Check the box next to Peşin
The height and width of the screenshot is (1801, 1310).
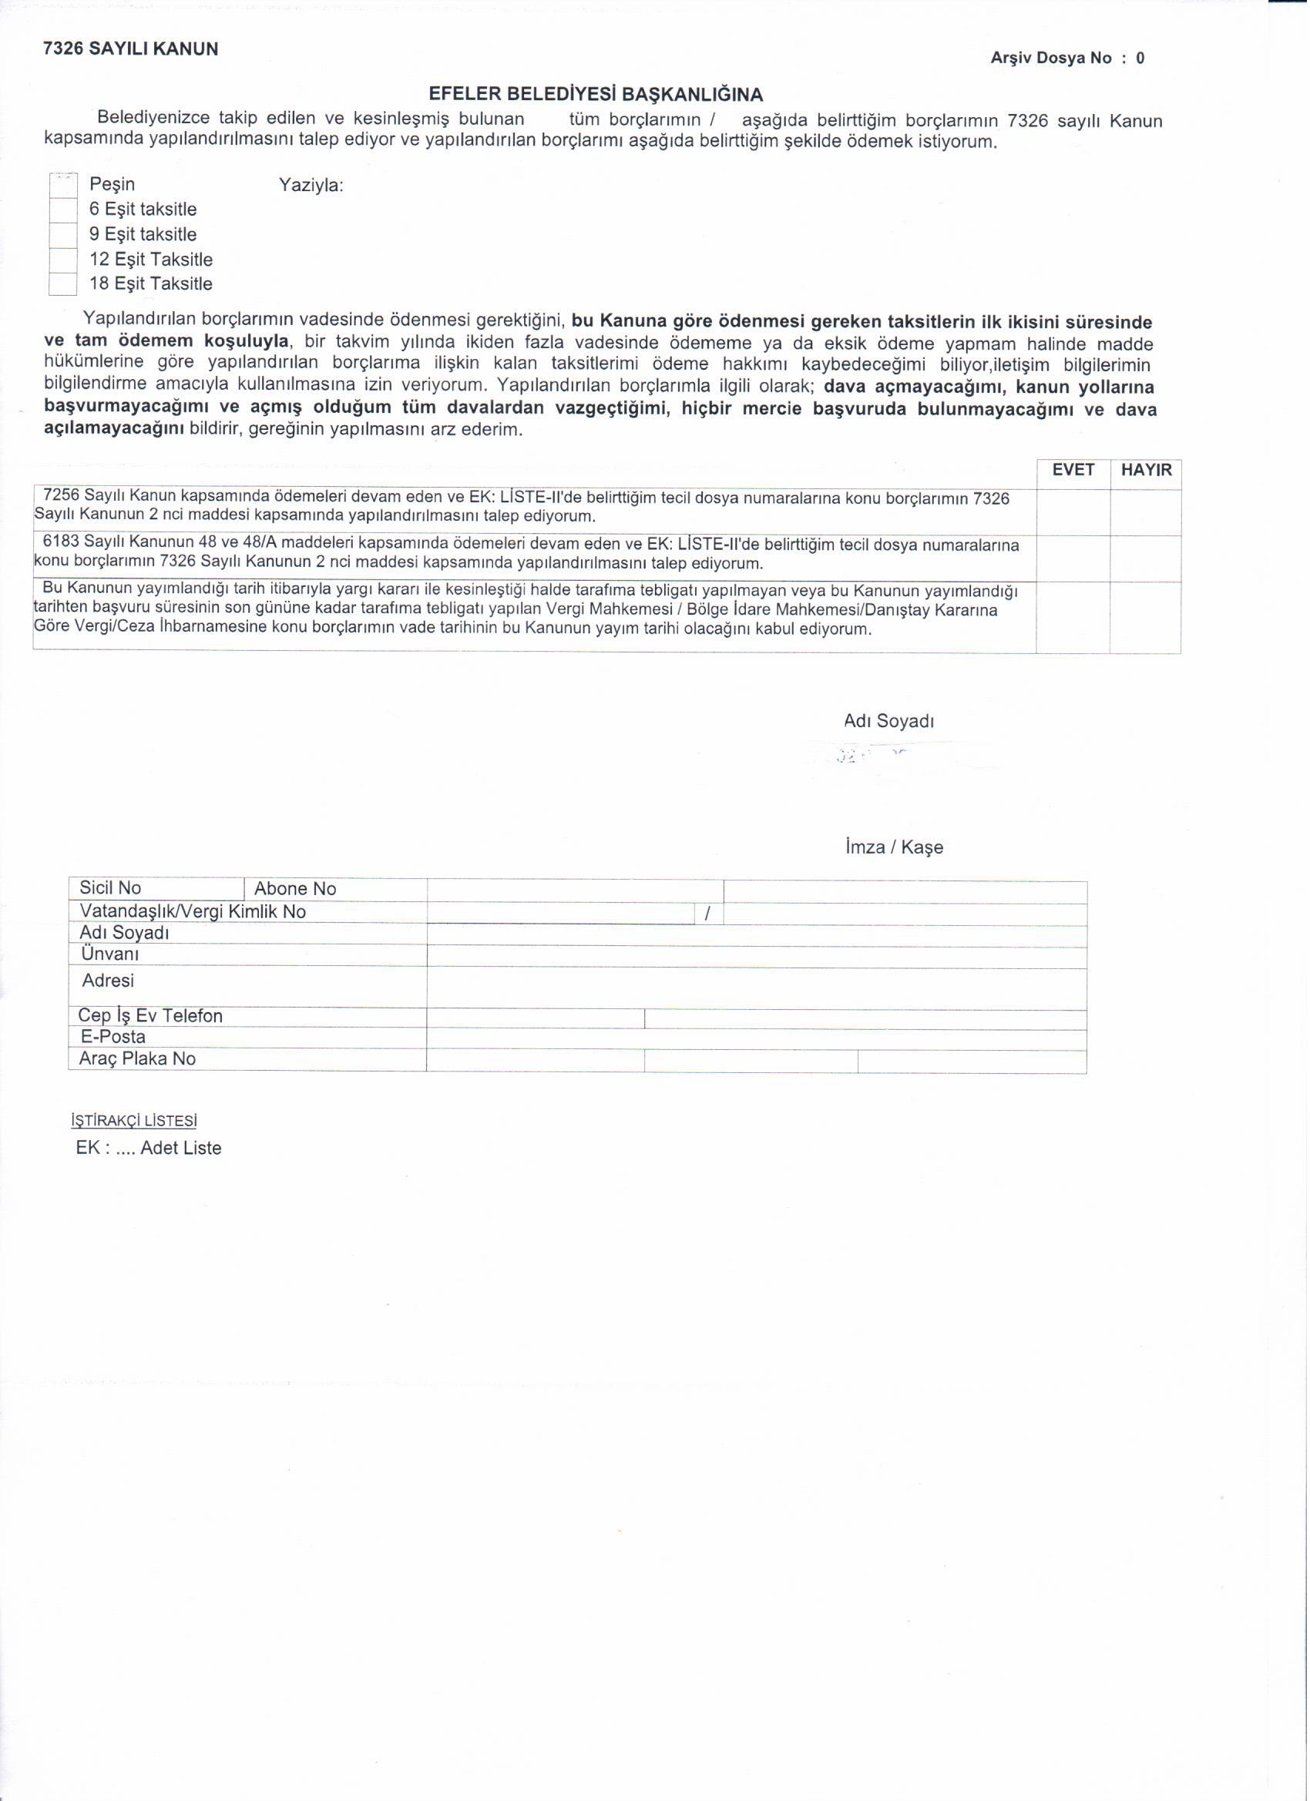pyautogui.click(x=62, y=186)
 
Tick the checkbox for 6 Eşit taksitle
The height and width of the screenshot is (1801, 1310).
pyautogui.click(x=62, y=210)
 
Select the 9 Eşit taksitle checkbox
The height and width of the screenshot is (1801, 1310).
pyautogui.click(x=62, y=236)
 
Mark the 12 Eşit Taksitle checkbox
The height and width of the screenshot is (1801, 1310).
pyautogui.click(x=62, y=260)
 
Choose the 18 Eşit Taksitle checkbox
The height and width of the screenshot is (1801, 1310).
pyautogui.click(x=62, y=285)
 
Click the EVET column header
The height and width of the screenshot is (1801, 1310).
pyautogui.click(x=1076, y=471)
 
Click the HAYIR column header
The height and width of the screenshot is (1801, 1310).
pyautogui.click(x=1149, y=471)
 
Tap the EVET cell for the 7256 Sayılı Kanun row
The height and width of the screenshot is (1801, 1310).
pyautogui.click(x=1076, y=513)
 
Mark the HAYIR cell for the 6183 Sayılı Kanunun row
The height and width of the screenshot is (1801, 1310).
pyautogui.click(x=1149, y=560)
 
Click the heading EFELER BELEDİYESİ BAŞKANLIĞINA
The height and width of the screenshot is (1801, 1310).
pyautogui.click(x=596, y=95)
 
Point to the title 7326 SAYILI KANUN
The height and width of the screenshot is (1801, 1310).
pyautogui.click(x=131, y=49)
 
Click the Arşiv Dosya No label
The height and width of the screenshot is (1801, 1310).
pyautogui.click(x=1053, y=58)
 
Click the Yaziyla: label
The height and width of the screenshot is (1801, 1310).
pyautogui.click(x=311, y=186)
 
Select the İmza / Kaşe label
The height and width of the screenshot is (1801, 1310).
pyautogui.click(x=896, y=849)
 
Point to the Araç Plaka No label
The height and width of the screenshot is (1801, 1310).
pyautogui.click(x=137, y=1061)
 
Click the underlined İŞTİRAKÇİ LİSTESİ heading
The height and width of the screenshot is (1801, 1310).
pyautogui.click(x=134, y=1123)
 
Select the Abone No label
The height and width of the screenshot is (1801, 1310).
pyautogui.click(x=296, y=891)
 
